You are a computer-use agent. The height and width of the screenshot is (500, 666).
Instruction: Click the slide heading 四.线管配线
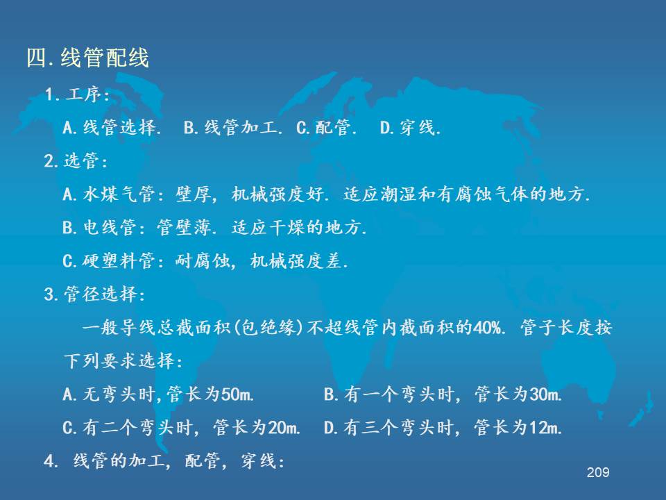88,58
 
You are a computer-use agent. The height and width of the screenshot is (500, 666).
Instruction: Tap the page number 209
598,472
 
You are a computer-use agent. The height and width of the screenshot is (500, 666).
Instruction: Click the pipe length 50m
237,394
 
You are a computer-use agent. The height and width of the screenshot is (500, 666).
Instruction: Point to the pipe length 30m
545,394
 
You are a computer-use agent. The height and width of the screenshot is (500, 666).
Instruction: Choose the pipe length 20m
283,427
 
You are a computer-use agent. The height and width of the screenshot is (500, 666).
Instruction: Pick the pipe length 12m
545,427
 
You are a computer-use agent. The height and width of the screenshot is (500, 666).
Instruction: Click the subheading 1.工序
76,94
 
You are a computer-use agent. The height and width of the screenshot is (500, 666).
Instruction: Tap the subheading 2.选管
76,161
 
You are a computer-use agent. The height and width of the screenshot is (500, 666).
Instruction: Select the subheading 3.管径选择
94,294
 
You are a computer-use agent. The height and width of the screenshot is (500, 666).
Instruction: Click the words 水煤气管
119,194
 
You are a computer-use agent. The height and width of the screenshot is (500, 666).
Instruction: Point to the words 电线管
110,228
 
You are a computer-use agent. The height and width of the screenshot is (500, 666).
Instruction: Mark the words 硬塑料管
119,260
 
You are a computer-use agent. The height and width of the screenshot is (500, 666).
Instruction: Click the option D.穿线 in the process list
410,128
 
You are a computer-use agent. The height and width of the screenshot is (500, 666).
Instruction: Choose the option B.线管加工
233,128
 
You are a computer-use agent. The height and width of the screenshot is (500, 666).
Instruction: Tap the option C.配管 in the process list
326,128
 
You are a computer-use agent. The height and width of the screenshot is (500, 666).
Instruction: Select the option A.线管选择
112,128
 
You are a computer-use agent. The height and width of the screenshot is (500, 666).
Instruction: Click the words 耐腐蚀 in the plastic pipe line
203,260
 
